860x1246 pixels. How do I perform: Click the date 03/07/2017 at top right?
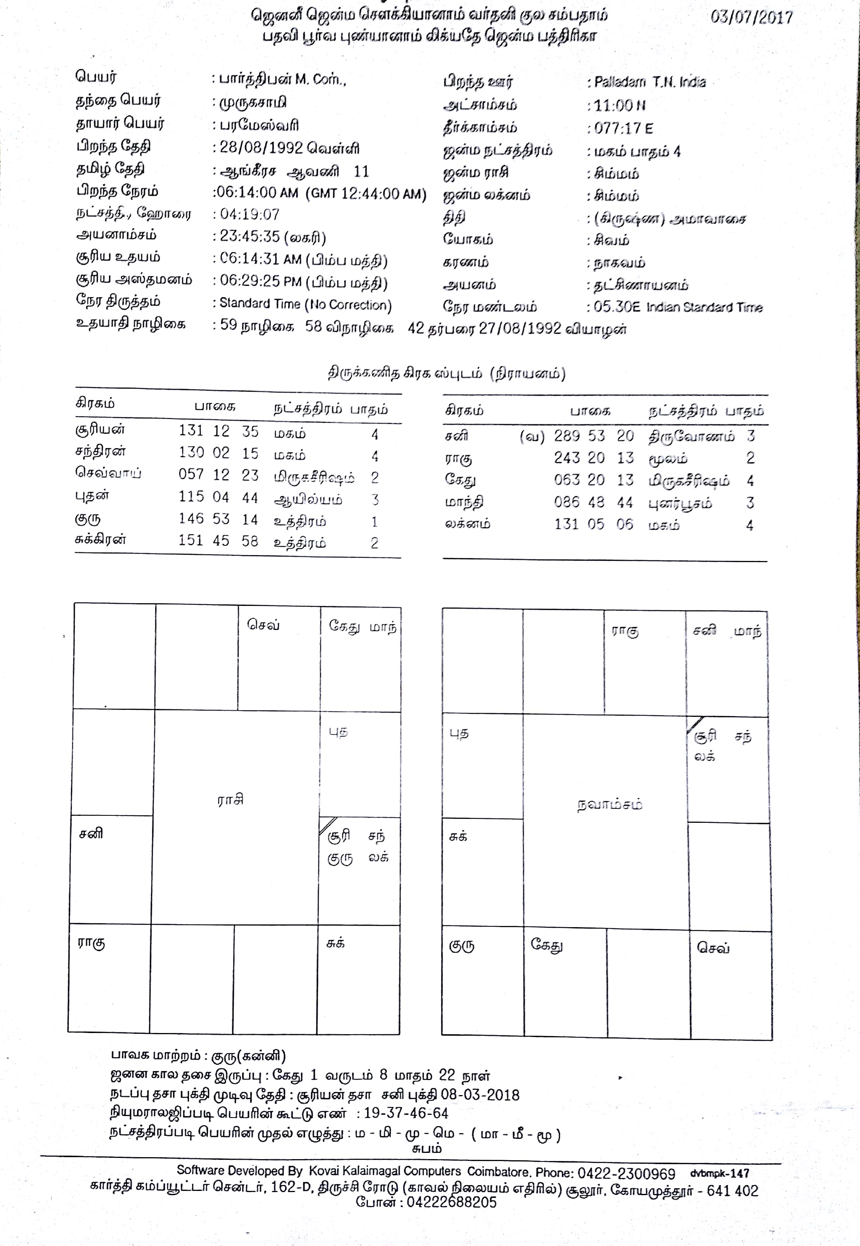(x=751, y=17)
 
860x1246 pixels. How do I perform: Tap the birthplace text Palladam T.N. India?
(x=650, y=82)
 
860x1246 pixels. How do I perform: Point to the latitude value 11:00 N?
(x=620, y=106)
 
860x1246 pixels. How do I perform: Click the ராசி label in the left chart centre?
(x=231, y=800)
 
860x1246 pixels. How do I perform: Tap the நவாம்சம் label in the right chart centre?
(x=609, y=805)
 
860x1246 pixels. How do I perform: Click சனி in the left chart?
(x=91, y=834)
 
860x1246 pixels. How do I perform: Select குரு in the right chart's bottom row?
(x=462, y=946)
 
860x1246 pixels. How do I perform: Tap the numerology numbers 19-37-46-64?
(x=406, y=1114)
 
